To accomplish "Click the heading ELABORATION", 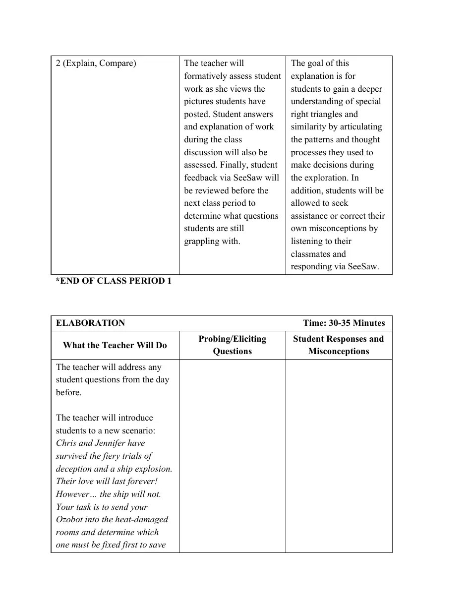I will pyautogui.click(x=90, y=323).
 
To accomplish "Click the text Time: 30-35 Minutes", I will pyautogui.click(x=344, y=323).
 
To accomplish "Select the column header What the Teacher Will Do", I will pyautogui.click(x=115, y=345).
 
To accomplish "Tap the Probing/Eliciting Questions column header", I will pyautogui.click(x=232, y=345).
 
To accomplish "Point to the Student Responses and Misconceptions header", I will pyautogui.click(x=338, y=345).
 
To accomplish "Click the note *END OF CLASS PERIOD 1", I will pyautogui.click(x=113, y=281).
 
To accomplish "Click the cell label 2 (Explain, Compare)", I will pyautogui.click(x=96, y=63).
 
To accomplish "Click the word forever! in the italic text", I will pyautogui.click(x=141, y=482).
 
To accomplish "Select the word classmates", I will pyautogui.click(x=311, y=254).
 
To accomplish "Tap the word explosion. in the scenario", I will pyautogui.click(x=154, y=469).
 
